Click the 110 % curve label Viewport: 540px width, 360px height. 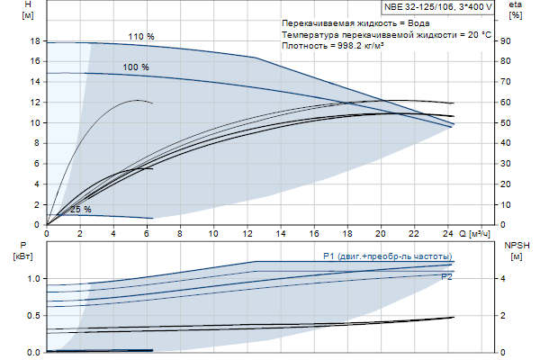[140, 36]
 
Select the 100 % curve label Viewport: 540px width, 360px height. [136, 67]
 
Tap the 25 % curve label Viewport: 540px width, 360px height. [80, 210]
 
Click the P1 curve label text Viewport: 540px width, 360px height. [386, 256]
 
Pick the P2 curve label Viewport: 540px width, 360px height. [446, 277]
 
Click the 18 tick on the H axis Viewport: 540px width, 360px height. [35, 41]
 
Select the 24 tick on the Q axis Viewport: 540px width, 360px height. [447, 233]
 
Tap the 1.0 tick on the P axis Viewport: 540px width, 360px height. [32, 279]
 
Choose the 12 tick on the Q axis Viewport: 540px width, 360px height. [247, 233]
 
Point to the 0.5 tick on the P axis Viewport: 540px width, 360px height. [32, 316]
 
